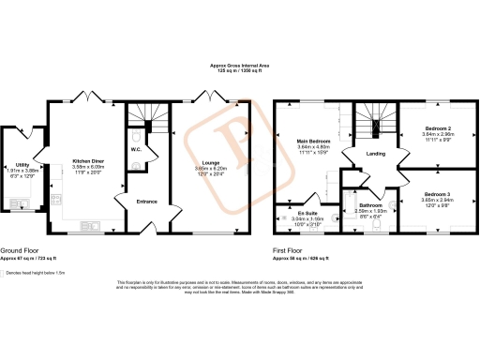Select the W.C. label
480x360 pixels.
[x=136, y=149]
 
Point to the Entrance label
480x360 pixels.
[x=147, y=201]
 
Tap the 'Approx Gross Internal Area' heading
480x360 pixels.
[x=239, y=65]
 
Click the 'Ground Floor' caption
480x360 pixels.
[x=20, y=251]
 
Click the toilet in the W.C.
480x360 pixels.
[x=139, y=167]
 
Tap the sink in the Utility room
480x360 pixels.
[x=18, y=202]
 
